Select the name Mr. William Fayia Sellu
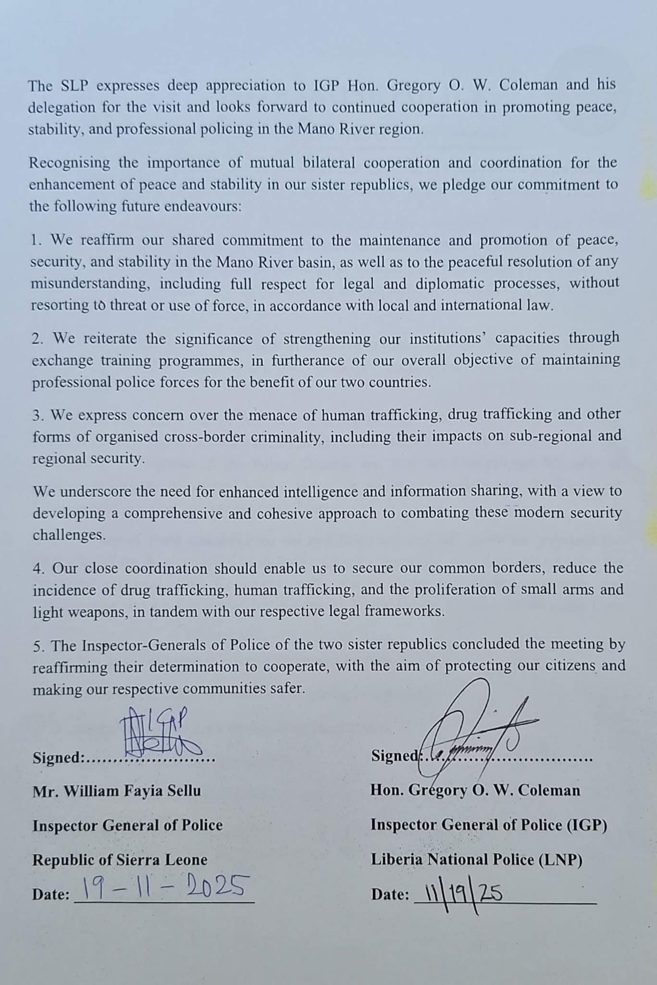point(117,791)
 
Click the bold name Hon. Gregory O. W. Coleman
point(475,790)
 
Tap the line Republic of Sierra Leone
point(120,859)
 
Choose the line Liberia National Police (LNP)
point(476,859)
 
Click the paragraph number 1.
point(35,240)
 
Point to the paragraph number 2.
point(37,339)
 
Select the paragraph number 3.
point(37,415)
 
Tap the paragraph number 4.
point(37,568)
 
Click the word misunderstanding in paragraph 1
point(90,284)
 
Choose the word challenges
point(69,535)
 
